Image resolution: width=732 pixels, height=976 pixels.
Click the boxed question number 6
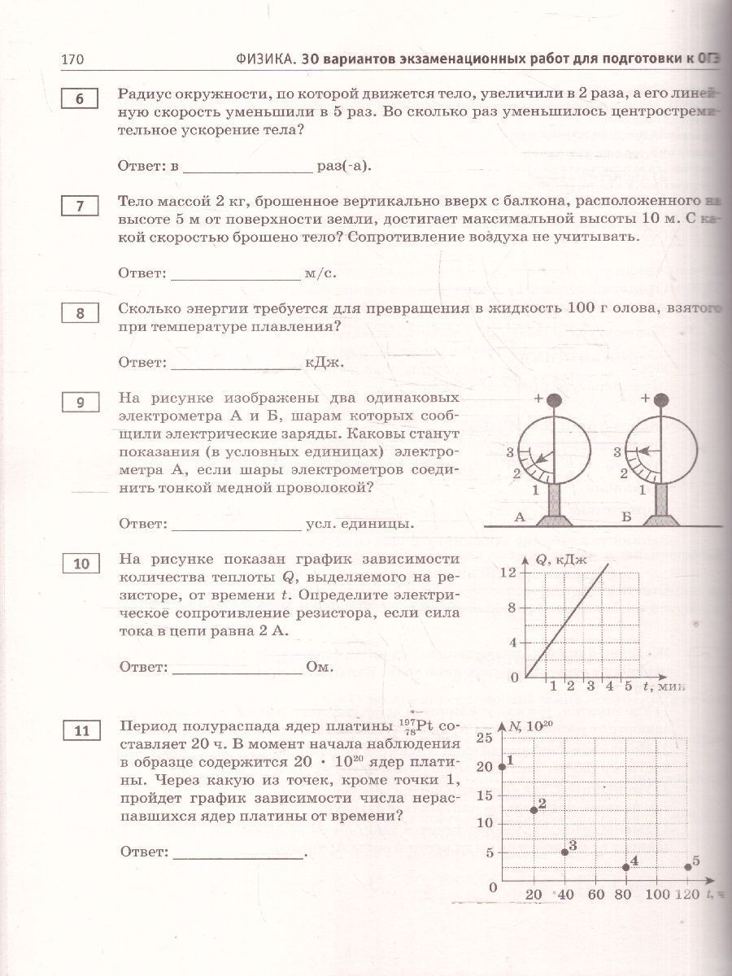[x=79, y=98]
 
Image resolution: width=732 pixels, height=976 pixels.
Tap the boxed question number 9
[x=79, y=403]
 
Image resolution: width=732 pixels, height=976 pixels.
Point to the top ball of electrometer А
[x=555, y=400]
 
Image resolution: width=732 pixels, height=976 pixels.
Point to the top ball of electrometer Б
[x=660, y=400]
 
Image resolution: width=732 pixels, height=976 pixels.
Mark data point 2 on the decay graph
[x=534, y=810]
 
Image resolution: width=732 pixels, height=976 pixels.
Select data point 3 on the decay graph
[x=565, y=852]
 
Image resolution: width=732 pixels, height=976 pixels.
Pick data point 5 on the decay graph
[x=688, y=867]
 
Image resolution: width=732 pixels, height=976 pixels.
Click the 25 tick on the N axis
[x=484, y=739]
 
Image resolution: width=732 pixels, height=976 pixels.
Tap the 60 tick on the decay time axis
[x=595, y=895]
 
